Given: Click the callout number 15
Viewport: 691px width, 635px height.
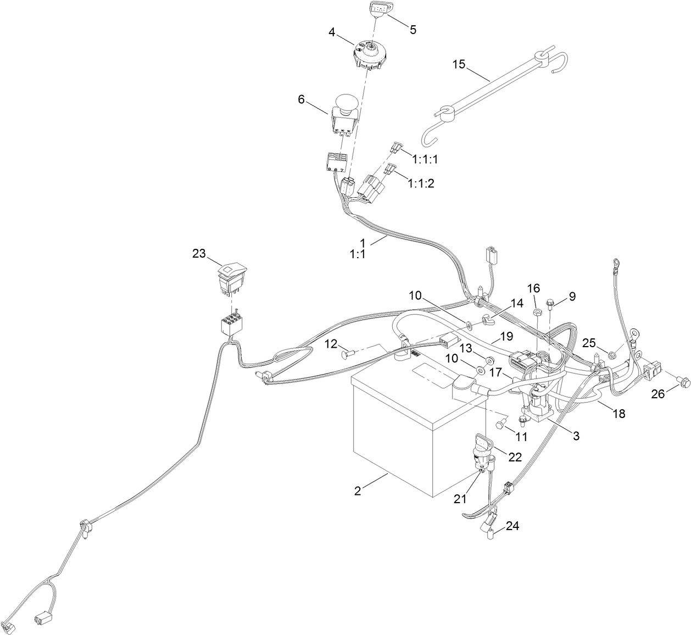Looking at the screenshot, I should (x=459, y=65).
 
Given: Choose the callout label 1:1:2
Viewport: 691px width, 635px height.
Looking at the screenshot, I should (x=421, y=183).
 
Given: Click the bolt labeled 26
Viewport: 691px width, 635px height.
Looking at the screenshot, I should (x=683, y=380).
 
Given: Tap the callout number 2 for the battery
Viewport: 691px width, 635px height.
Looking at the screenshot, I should (x=358, y=491).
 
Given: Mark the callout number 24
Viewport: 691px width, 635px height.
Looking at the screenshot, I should (x=512, y=526).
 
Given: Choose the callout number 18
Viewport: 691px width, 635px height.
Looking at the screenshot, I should (x=619, y=414).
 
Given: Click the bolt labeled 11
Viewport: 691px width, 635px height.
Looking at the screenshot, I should (x=502, y=424).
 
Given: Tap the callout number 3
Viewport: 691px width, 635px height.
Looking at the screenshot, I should (x=576, y=436).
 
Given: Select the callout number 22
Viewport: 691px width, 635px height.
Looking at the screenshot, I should (x=515, y=457).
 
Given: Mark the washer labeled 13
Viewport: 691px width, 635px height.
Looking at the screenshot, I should (x=482, y=359).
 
